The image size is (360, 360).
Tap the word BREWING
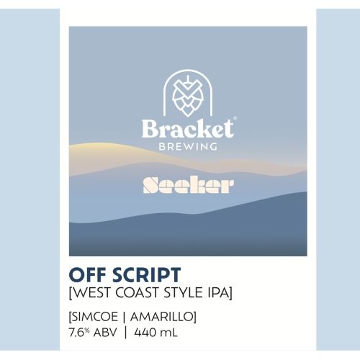[x=187, y=147]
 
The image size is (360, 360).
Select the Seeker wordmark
[x=187, y=185]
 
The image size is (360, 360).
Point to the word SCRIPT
[x=143, y=275]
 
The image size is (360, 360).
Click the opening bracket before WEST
[x=71, y=293]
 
